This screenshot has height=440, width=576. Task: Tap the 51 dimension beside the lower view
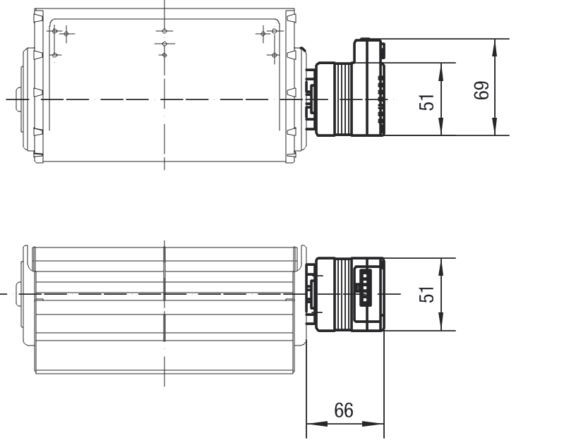click(427, 294)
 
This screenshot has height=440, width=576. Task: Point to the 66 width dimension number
click(344, 410)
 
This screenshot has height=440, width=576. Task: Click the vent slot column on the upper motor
click(381, 102)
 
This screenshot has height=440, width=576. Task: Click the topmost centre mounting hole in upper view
click(164, 31)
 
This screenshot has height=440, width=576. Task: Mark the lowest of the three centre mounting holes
click(164, 54)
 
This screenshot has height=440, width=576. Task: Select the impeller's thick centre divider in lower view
click(164, 293)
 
